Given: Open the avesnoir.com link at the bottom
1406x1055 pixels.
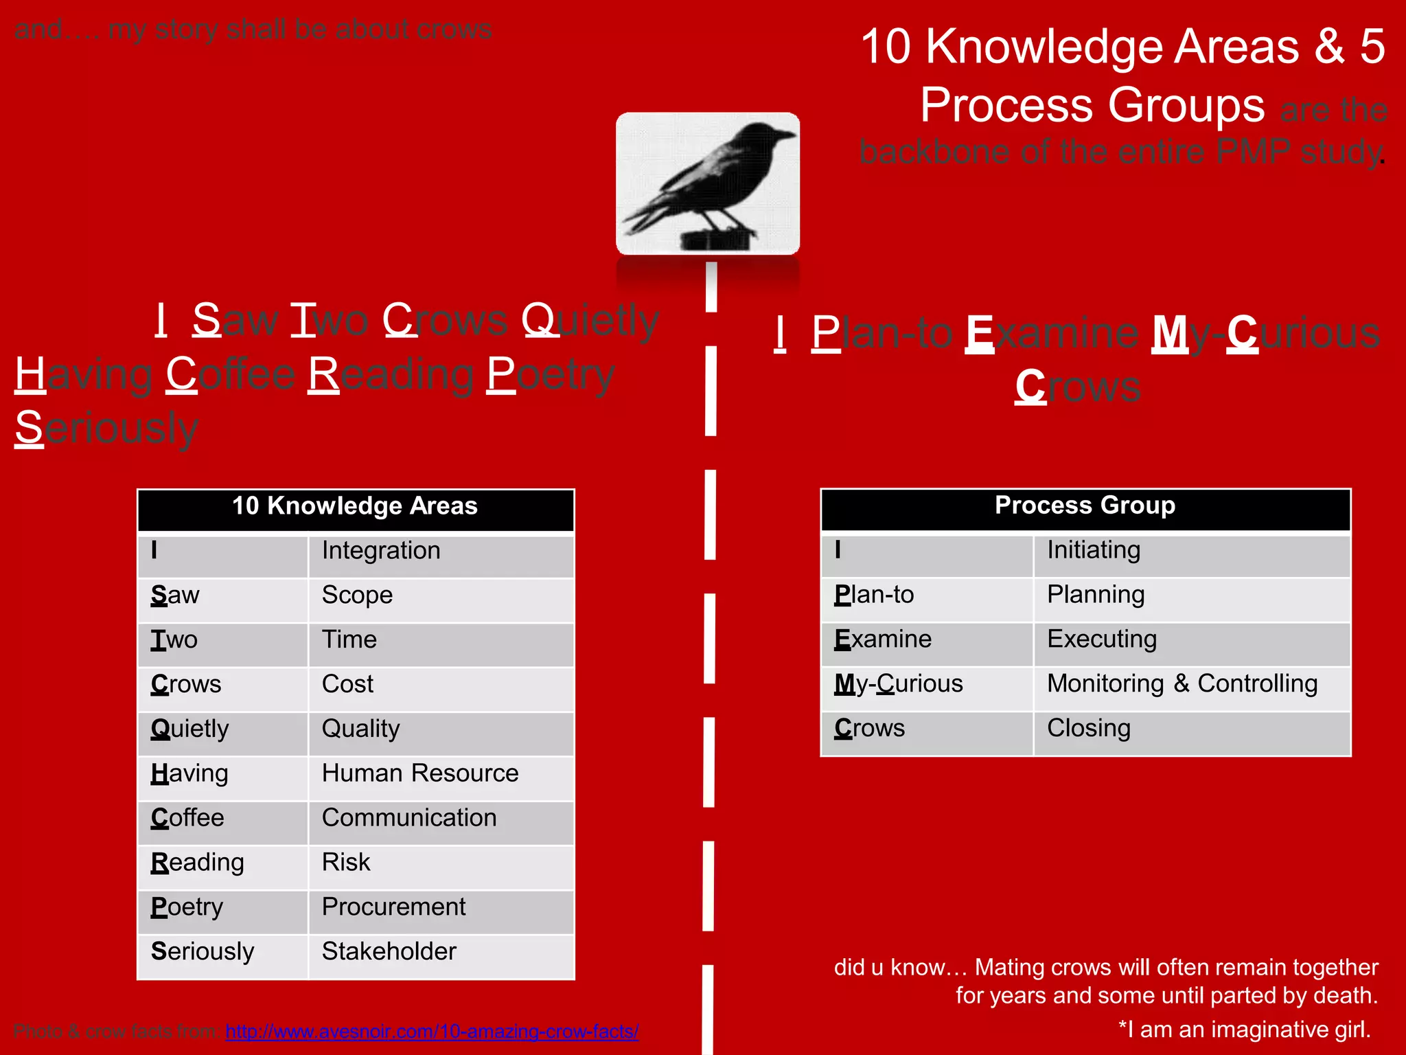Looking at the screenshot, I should tap(432, 1031).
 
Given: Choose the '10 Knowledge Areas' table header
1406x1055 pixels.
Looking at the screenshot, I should tap(355, 507).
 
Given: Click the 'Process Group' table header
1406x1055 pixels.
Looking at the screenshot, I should tap(1085, 506).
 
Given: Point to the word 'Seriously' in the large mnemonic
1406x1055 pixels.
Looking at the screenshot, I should tap(106, 428).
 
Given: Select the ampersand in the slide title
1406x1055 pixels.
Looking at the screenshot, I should tap(1329, 47).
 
